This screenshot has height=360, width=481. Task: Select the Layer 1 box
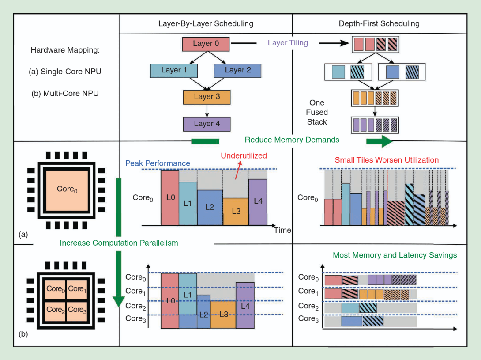[x=174, y=70]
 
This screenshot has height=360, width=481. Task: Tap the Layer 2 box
[x=237, y=70]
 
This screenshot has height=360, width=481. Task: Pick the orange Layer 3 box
[x=207, y=97]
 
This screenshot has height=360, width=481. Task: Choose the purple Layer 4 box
[x=207, y=124]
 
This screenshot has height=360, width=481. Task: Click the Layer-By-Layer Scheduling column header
[x=206, y=23]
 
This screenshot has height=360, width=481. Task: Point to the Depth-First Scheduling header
[x=379, y=23]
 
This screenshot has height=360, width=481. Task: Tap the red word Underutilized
[x=244, y=155]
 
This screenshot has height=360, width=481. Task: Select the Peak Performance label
[x=158, y=163]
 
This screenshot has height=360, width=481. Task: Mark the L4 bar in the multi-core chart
[x=245, y=305]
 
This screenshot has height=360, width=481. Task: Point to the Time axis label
[x=282, y=230]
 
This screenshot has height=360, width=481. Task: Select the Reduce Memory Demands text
[x=292, y=140]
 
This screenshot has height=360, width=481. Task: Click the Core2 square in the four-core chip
[x=55, y=310]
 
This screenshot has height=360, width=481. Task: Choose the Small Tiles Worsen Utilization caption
[x=386, y=160]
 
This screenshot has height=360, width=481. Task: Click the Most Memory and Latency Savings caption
[x=395, y=255]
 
